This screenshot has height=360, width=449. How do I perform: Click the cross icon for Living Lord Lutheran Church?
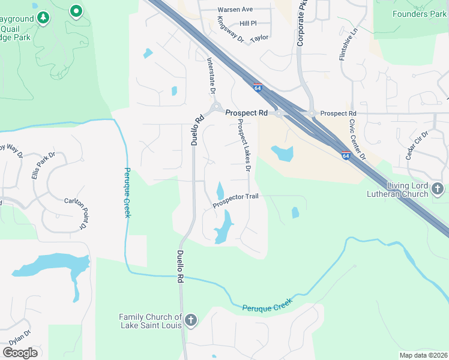[438, 190]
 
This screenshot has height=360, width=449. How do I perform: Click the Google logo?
[20, 352]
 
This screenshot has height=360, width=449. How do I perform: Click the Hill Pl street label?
[248, 23]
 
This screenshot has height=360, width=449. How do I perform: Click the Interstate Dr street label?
[211, 75]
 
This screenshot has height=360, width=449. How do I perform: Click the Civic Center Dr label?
[357, 139]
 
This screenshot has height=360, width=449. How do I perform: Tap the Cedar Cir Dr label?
[416, 145]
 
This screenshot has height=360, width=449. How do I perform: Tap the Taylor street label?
[259, 37]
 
